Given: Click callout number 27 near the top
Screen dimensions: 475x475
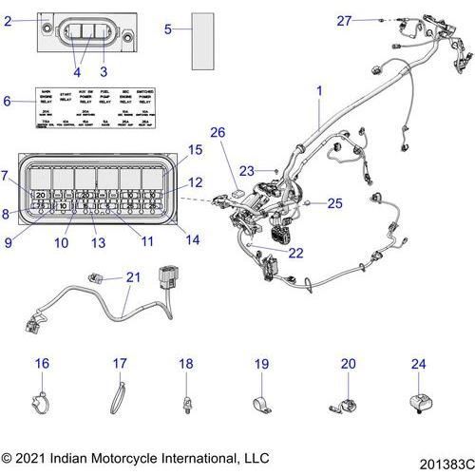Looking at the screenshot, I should pyautogui.click(x=344, y=20).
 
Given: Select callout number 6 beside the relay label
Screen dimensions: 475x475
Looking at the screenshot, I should pyautogui.click(x=8, y=101).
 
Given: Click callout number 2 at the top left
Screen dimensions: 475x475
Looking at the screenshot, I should pyautogui.click(x=8, y=20).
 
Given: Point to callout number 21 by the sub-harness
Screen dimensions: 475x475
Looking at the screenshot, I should pyautogui.click(x=132, y=276).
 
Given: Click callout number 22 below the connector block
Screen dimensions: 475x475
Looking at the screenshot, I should pyautogui.click(x=296, y=253).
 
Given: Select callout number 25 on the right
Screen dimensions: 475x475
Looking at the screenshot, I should pyautogui.click(x=335, y=203).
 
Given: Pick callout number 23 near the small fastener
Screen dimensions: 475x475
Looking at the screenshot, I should pyautogui.click(x=248, y=172).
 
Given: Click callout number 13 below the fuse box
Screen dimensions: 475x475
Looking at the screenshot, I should pyautogui.click(x=97, y=242).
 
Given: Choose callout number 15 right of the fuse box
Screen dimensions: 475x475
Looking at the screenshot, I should pyautogui.click(x=194, y=151).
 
